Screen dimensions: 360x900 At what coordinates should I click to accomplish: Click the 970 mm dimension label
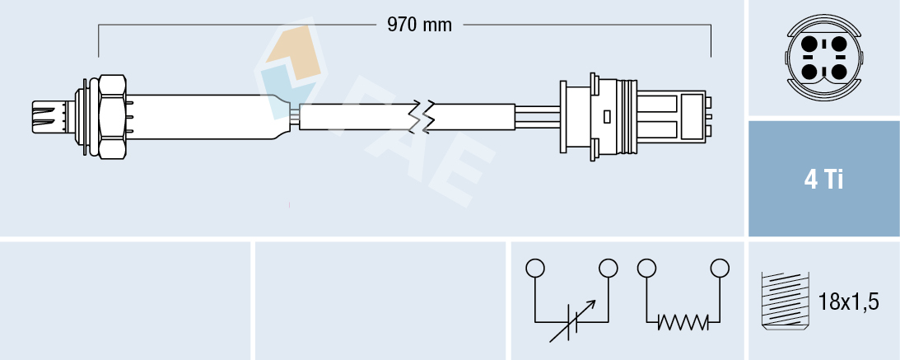coord(419,25)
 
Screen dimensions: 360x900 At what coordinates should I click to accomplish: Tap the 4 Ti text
coord(823,180)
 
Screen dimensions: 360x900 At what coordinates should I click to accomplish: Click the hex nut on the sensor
coord(111,117)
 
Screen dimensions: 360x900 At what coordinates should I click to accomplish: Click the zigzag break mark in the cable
coord(427,117)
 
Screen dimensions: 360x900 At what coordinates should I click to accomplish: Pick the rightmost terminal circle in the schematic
coord(720,268)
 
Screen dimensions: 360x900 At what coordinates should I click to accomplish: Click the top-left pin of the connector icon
coord(809,44)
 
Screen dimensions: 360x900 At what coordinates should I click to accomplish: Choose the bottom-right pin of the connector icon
coord(837,72)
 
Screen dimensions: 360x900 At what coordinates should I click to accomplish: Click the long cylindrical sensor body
coord(206,117)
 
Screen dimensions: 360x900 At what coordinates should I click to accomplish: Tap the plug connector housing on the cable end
coord(634,117)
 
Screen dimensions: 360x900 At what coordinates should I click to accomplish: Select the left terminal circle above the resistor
coord(646,268)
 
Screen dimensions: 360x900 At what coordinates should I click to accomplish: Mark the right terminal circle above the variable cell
coord(609,268)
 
